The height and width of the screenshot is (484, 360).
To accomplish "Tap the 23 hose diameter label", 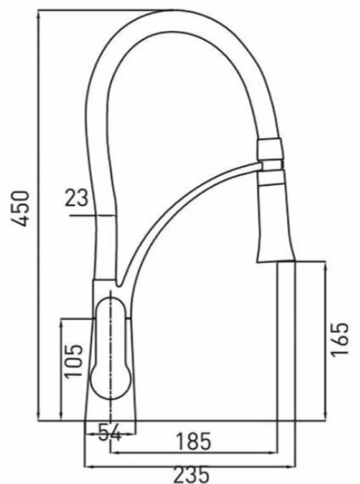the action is coord(76,198).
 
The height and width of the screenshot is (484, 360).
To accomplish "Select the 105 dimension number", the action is coord(74,360).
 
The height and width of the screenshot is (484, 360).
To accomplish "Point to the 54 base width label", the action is coord(110,432).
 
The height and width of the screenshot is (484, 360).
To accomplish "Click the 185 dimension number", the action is coord(194,441).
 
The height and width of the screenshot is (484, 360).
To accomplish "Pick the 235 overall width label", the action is coord(191,475).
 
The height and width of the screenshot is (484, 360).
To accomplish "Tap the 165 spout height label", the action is coord(340,339).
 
